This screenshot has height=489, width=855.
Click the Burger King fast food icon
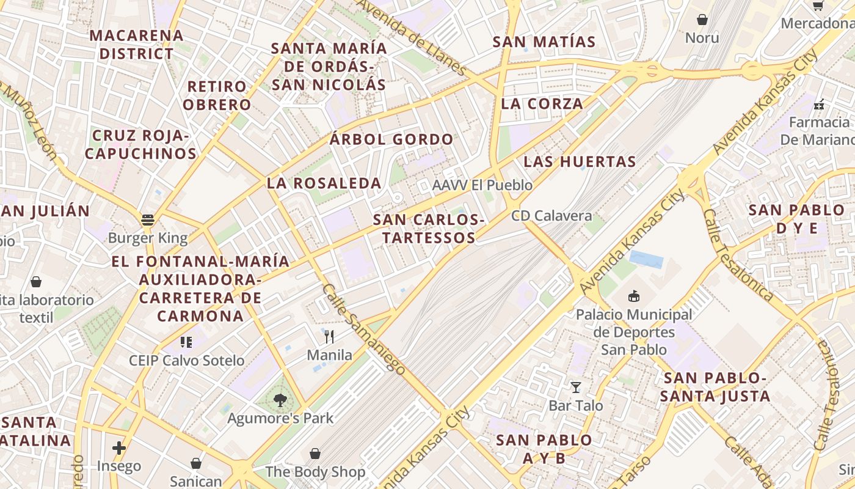click(147, 219)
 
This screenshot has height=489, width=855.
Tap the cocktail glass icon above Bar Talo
click(575, 387)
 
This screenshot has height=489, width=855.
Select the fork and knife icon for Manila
click(329, 336)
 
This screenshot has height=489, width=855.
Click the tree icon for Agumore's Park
click(280, 400)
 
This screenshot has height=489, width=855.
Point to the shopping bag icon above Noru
click(702, 20)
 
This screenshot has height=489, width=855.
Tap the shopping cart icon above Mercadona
click(818, 6)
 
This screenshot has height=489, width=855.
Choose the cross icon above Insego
click(119, 448)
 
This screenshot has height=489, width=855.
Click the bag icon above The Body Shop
click(315, 454)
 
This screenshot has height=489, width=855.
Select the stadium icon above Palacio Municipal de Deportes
click(635, 296)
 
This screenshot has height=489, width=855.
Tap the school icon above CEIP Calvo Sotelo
click(186, 342)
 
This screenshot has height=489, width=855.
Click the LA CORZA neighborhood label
click(542, 104)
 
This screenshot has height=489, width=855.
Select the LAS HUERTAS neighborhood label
click(580, 162)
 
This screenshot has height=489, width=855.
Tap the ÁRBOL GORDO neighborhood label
click(391, 139)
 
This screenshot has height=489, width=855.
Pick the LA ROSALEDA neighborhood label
click(324, 183)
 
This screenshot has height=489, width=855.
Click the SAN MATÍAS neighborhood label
click(544, 42)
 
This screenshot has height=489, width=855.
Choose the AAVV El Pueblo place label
click(482, 185)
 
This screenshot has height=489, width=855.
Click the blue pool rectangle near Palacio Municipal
click(646, 259)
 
